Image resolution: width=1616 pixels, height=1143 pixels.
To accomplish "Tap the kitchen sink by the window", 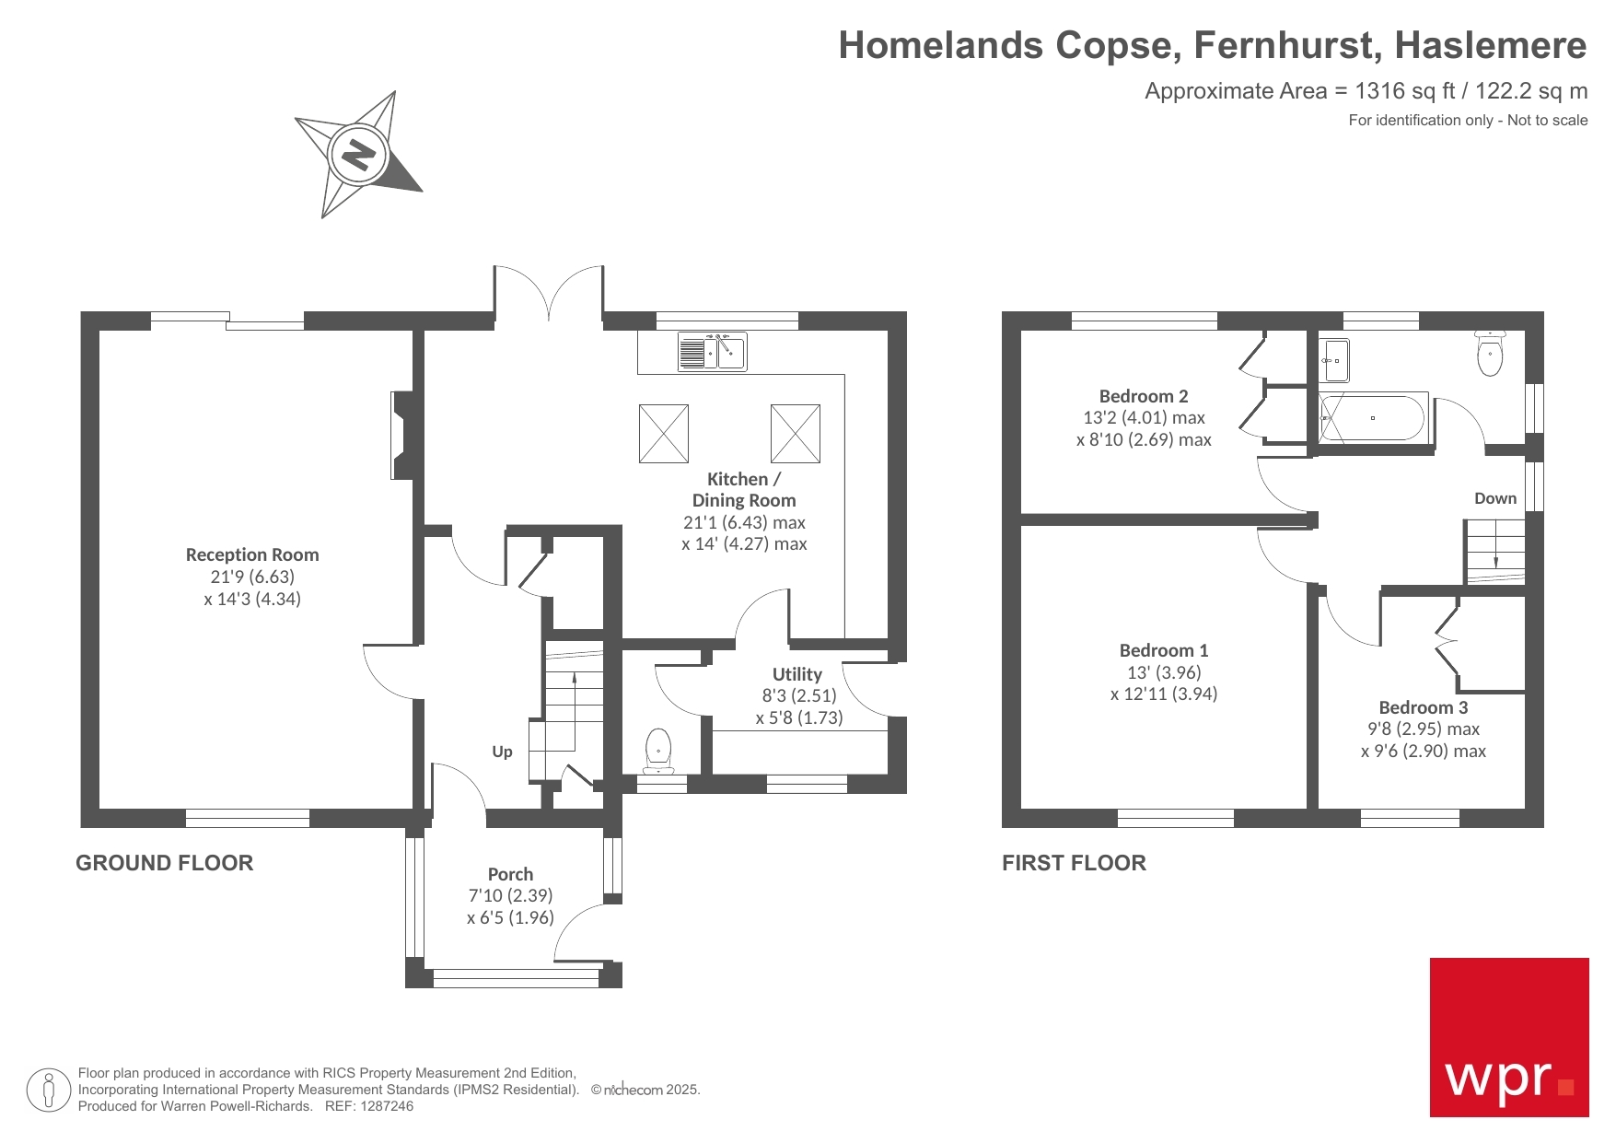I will [x=713, y=352].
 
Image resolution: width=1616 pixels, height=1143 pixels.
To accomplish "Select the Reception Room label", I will [x=252, y=554].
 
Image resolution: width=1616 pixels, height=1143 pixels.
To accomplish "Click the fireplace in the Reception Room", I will [x=402, y=436].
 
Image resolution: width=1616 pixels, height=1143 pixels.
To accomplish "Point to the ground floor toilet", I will [x=658, y=751].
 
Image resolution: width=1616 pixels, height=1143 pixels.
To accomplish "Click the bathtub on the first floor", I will [x=1373, y=418].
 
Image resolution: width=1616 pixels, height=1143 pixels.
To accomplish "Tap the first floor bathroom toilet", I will [x=1490, y=355].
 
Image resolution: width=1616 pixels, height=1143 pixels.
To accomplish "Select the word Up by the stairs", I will [x=502, y=752].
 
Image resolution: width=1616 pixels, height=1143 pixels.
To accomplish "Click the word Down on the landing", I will [x=1494, y=498].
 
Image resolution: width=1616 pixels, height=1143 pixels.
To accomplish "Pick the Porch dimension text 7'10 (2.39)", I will [x=510, y=895].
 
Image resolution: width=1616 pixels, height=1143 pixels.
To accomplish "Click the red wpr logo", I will [x=1508, y=1037].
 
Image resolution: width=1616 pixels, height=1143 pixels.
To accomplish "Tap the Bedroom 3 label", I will [x=1423, y=707].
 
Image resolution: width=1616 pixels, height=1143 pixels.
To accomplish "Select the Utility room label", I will [x=796, y=674].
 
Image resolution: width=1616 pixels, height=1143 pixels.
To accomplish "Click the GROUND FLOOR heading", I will [x=164, y=863].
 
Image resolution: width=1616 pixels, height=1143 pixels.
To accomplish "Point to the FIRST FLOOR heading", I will [x=1074, y=863].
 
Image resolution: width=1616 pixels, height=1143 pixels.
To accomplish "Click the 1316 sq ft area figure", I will [x=1405, y=91].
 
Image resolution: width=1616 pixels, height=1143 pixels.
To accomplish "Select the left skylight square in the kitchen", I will [x=663, y=433].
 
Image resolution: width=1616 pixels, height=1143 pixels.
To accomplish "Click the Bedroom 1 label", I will [x=1163, y=650].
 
